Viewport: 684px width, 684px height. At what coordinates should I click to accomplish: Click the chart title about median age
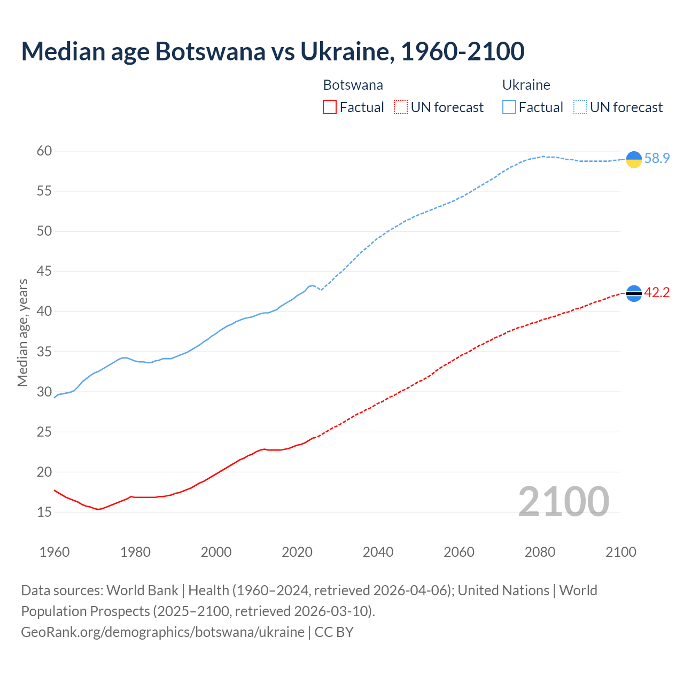coord(273,51)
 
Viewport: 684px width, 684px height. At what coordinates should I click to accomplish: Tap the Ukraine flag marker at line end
coord(634,159)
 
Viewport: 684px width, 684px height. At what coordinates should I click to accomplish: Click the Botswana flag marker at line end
coord(634,293)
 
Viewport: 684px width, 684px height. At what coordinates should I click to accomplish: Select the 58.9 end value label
coord(657,159)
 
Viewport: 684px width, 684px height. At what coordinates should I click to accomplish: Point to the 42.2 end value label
coord(657,293)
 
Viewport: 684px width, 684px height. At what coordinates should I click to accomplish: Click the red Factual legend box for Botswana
coord(330,107)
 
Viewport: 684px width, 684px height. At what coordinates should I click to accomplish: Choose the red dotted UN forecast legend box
coord(401,107)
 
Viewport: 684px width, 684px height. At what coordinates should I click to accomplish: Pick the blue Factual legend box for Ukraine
coord(509,107)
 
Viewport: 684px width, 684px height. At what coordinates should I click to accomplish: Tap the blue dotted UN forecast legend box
coord(580,107)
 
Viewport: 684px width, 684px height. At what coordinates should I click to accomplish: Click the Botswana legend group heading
coord(353,85)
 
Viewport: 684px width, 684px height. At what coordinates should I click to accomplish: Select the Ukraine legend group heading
coord(526,85)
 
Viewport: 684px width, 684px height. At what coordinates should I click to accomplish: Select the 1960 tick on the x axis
coord(55,552)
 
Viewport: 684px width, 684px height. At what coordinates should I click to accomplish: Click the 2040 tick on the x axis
coord(378,552)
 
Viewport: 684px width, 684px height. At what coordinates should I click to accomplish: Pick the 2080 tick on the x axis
coord(540,552)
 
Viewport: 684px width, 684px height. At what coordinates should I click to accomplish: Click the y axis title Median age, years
coord(22,332)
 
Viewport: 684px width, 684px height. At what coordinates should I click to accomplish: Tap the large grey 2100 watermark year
coord(563,501)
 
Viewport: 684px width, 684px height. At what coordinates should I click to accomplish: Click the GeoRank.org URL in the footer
coord(162,632)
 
